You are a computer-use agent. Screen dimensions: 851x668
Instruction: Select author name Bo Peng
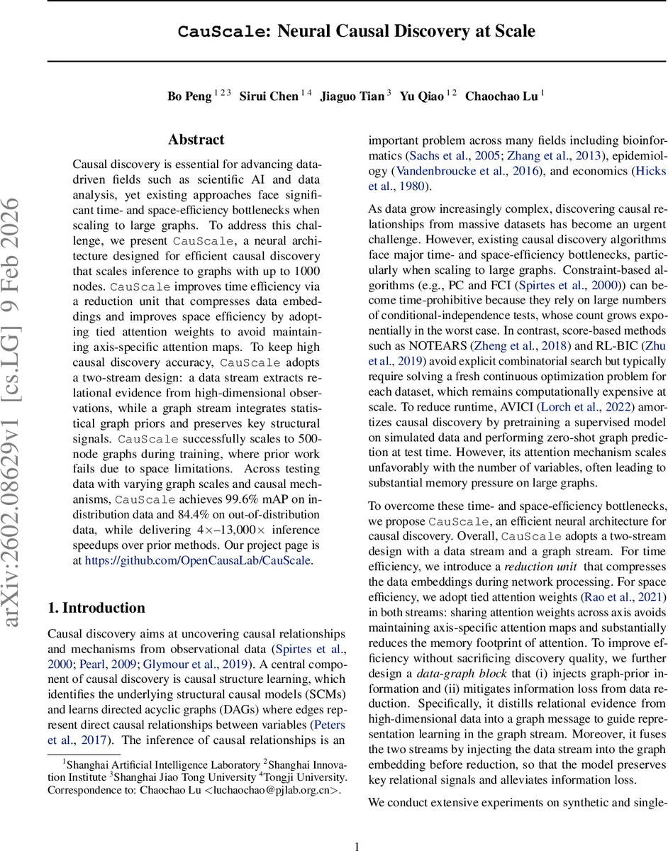tap(189, 96)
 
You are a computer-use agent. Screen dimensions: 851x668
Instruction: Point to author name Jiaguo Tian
tap(352, 96)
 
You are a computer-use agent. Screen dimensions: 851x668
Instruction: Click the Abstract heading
tap(196, 140)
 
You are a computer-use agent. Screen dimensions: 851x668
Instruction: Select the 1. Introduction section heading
tap(96, 608)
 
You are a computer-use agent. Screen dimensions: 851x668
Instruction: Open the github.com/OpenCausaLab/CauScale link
tap(198, 560)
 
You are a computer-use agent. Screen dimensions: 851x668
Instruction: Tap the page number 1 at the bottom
tap(357, 845)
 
